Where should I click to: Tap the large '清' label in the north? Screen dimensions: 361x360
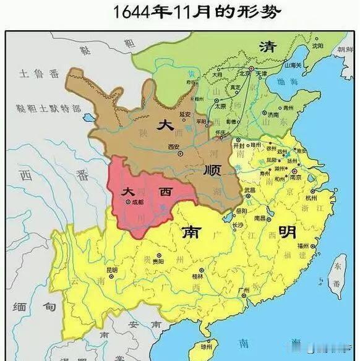click(x=268, y=47)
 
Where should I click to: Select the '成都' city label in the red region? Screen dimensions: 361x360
click(x=137, y=202)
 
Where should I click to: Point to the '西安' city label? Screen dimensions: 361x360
click(x=174, y=147)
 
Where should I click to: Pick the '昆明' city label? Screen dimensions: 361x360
click(x=111, y=270)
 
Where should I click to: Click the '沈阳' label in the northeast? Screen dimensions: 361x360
click(x=318, y=46)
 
